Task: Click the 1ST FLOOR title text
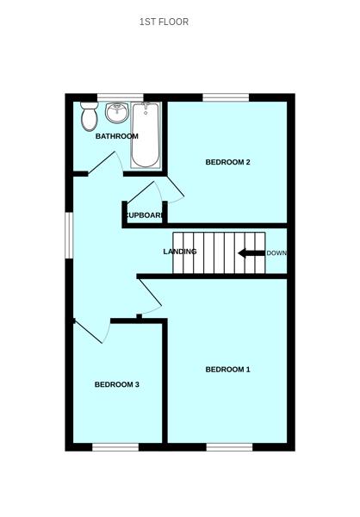click(164, 22)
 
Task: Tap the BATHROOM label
click(116, 136)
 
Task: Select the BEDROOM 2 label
click(227, 162)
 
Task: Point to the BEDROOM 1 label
click(227, 370)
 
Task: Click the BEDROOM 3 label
click(117, 384)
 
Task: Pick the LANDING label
click(180, 252)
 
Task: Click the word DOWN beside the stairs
click(276, 253)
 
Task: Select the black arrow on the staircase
click(251, 253)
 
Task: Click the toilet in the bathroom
click(89, 115)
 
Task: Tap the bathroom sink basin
click(117, 113)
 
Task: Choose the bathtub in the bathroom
click(146, 135)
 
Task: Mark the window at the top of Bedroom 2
click(226, 97)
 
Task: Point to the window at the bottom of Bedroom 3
click(115, 446)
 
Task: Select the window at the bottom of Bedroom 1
click(229, 446)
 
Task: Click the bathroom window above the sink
click(120, 97)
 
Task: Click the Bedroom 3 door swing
click(91, 332)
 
